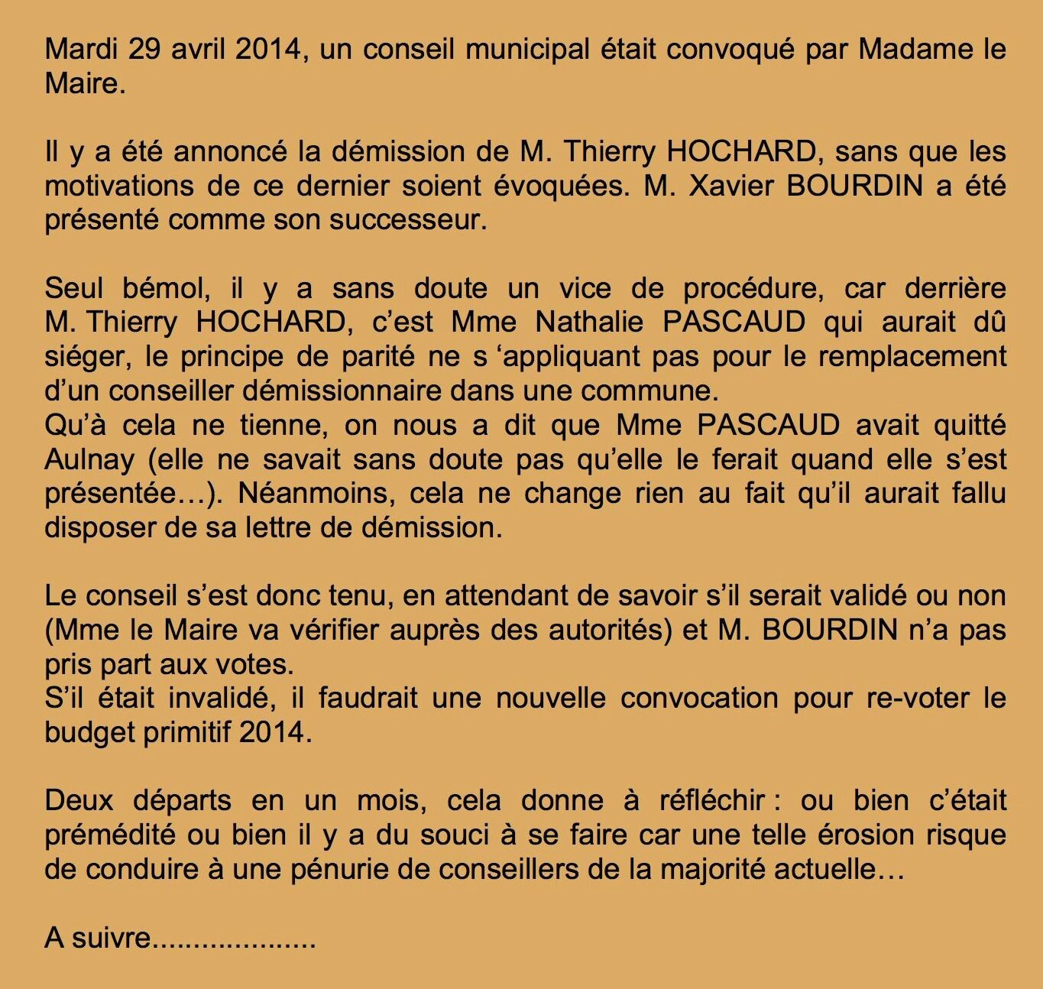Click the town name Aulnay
[89, 459]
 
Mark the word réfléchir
[712, 800]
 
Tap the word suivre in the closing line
[112, 937]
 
